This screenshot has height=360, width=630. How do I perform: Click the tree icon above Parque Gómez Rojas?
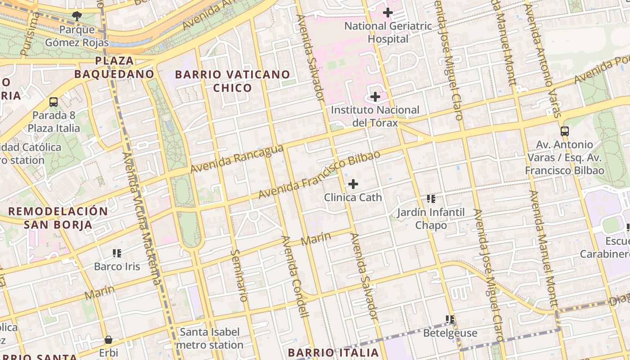click(x=77, y=16)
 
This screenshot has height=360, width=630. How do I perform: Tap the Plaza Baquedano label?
click(x=114, y=67)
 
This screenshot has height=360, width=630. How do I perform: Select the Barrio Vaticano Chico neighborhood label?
click(x=232, y=81)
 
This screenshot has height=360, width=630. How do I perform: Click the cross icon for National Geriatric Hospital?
click(x=387, y=13)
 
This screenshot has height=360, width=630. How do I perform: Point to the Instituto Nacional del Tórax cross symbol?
click(x=375, y=96)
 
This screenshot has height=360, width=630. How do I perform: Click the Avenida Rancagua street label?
click(x=237, y=159)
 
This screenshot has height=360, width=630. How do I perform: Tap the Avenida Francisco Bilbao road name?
click(x=319, y=175)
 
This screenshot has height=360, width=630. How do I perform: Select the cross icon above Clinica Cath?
click(x=353, y=184)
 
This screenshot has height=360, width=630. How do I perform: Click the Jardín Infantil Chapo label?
click(x=431, y=218)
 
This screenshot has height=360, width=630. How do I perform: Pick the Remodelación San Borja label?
click(x=58, y=218)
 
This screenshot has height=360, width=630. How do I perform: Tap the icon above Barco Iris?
click(x=117, y=253)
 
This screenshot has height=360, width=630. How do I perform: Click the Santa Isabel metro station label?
click(x=210, y=338)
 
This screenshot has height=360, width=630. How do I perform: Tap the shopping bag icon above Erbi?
click(x=108, y=340)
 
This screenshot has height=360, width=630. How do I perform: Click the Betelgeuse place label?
click(x=450, y=333)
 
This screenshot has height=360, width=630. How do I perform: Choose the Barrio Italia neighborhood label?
click(x=333, y=352)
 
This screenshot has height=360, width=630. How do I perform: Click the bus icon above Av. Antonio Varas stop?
click(x=564, y=131)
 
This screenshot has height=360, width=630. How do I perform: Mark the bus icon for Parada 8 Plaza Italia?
click(x=54, y=102)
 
